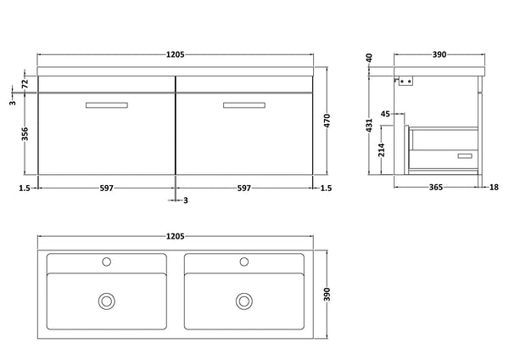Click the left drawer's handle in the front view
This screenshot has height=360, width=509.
107,104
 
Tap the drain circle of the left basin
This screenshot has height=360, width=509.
107,300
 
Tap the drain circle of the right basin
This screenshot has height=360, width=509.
245,300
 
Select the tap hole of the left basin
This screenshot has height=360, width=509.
107,261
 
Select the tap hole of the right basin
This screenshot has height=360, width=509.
245,261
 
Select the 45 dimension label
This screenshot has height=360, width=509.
386,112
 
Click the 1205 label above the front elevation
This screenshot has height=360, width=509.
175,54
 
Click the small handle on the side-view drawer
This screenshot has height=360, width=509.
463,156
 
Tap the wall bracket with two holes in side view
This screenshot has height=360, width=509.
406,82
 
